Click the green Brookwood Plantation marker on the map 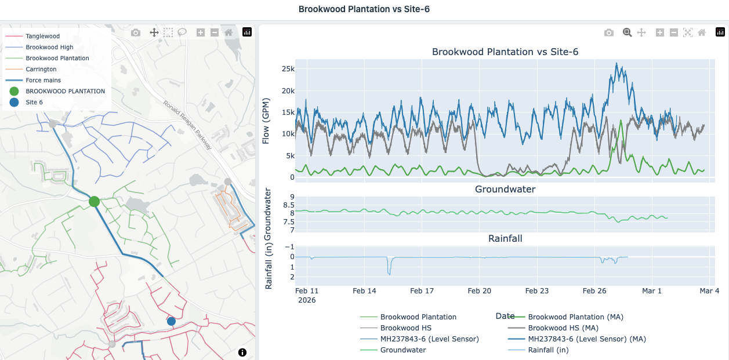(94, 202)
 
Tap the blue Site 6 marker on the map (171, 321)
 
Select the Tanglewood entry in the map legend (43, 36)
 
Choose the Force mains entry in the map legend (43, 80)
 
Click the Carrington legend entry (41, 69)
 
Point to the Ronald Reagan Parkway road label (187, 125)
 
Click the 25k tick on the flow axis (288, 69)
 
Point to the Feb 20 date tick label (480, 291)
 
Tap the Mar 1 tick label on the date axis (652, 291)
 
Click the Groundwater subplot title (505, 189)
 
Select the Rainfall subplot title (505, 238)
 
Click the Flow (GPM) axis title (266, 121)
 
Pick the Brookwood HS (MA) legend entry (563, 328)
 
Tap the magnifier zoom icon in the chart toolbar (627, 32)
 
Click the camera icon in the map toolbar (136, 32)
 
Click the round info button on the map (242, 352)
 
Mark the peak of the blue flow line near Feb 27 (616, 63)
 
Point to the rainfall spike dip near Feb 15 (389, 274)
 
